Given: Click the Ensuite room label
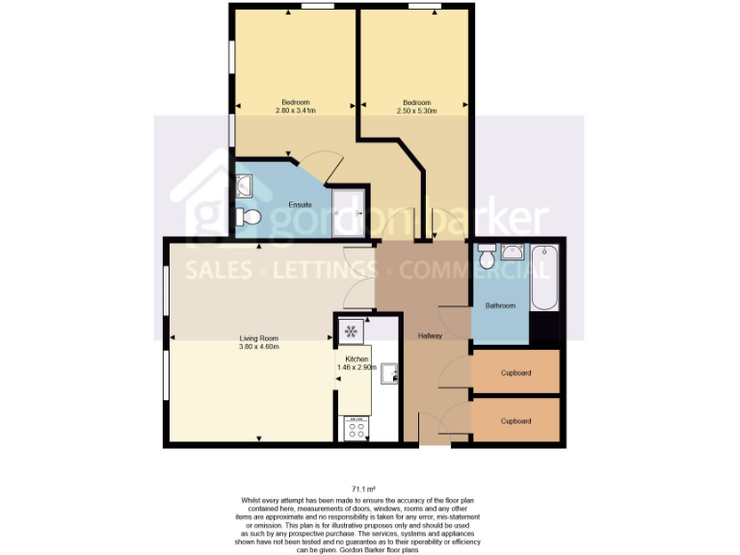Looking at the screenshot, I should pyautogui.click(x=300, y=205).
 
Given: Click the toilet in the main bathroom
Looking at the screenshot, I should pyautogui.click(x=488, y=259).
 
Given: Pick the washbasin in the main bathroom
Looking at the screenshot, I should pyautogui.click(x=513, y=252).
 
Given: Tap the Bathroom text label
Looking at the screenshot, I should pyautogui.click(x=500, y=306).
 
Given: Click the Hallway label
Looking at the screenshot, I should pyautogui.click(x=430, y=335).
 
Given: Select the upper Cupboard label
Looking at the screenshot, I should pyautogui.click(x=515, y=373).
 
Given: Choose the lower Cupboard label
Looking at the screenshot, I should pyautogui.click(x=515, y=421).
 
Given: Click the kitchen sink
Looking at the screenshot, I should pyautogui.click(x=388, y=373).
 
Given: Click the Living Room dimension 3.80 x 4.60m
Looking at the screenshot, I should pyautogui.click(x=259, y=346).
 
